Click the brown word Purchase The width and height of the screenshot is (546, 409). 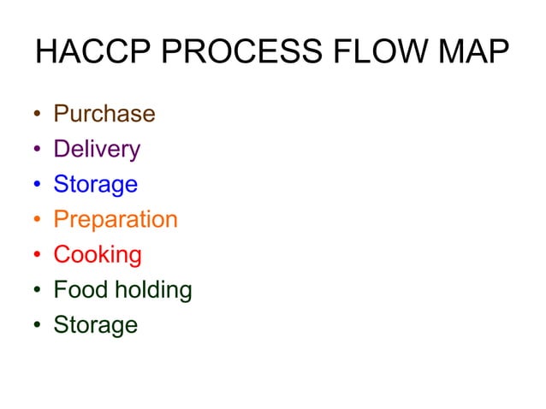tap(104, 114)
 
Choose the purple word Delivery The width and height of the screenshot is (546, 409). tap(97, 149)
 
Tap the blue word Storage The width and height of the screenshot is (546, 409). tap(95, 185)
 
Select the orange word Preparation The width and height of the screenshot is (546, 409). tap(116, 220)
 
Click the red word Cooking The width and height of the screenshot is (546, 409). tap(98, 255)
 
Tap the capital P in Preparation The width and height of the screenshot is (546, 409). tap(61, 219)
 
